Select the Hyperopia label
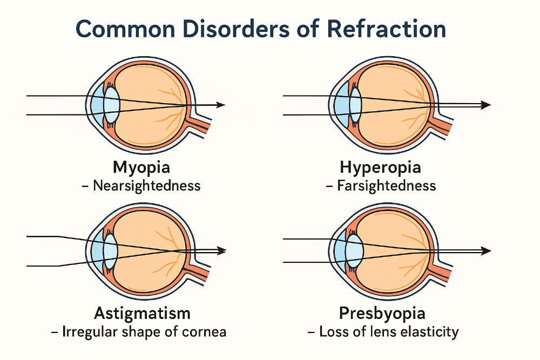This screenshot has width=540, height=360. coord(381,167)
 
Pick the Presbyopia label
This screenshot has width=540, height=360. coord(382,313)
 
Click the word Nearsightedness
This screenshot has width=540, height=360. coord(146,186)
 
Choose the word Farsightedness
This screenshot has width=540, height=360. coord(387,186)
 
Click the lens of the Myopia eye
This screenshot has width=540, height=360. coord(111,105)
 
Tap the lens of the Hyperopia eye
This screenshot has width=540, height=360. coord(355,105)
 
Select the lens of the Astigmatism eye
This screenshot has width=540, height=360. coord(110,251)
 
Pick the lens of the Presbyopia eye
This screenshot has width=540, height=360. coord(354,251)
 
